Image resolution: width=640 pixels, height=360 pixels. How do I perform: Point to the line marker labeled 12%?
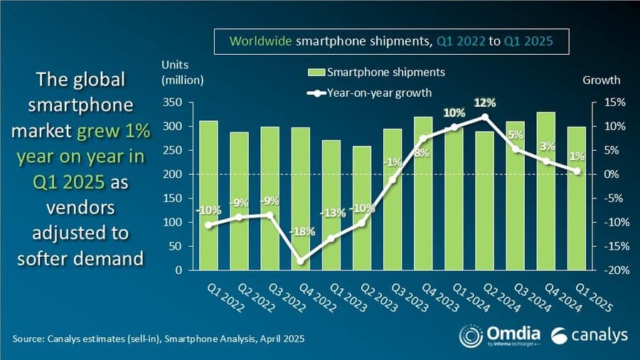click(485, 117)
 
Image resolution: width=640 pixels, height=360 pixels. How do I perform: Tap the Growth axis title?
click(601, 80)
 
